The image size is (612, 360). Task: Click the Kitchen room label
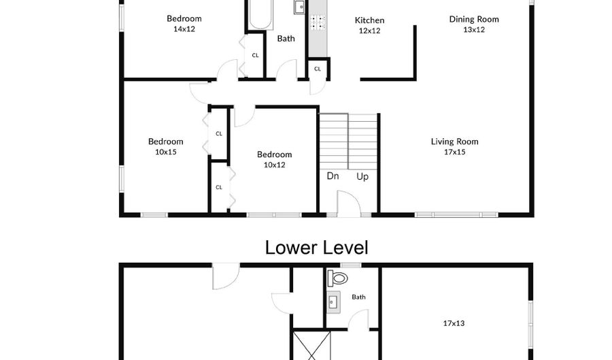pos(369,20)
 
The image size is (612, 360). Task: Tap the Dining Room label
pos(474,19)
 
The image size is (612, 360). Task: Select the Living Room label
pos(454,142)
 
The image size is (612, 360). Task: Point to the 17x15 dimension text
pos(455,152)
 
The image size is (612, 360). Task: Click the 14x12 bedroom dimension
pos(184,29)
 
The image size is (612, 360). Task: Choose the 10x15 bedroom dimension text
pos(166,152)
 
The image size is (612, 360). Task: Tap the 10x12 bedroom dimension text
pos(275,165)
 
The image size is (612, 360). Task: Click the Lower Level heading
pos(316,248)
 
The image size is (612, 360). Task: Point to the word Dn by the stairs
pos(333,176)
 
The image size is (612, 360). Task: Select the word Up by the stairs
pos(362,177)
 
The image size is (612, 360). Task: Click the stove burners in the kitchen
pos(317,22)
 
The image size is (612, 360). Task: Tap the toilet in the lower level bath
pos(337,278)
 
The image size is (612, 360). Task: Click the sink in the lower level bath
pos(333,302)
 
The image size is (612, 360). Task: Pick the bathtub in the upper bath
pos(260,14)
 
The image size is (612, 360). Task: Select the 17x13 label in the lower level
pos(454,323)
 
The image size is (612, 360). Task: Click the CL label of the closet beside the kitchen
pos(318,69)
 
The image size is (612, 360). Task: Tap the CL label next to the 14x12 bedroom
pos(255,55)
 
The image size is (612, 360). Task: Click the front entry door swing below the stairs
pos(349,203)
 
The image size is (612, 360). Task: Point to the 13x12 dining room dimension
pos(474,30)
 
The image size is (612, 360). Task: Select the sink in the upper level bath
pos(301,7)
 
